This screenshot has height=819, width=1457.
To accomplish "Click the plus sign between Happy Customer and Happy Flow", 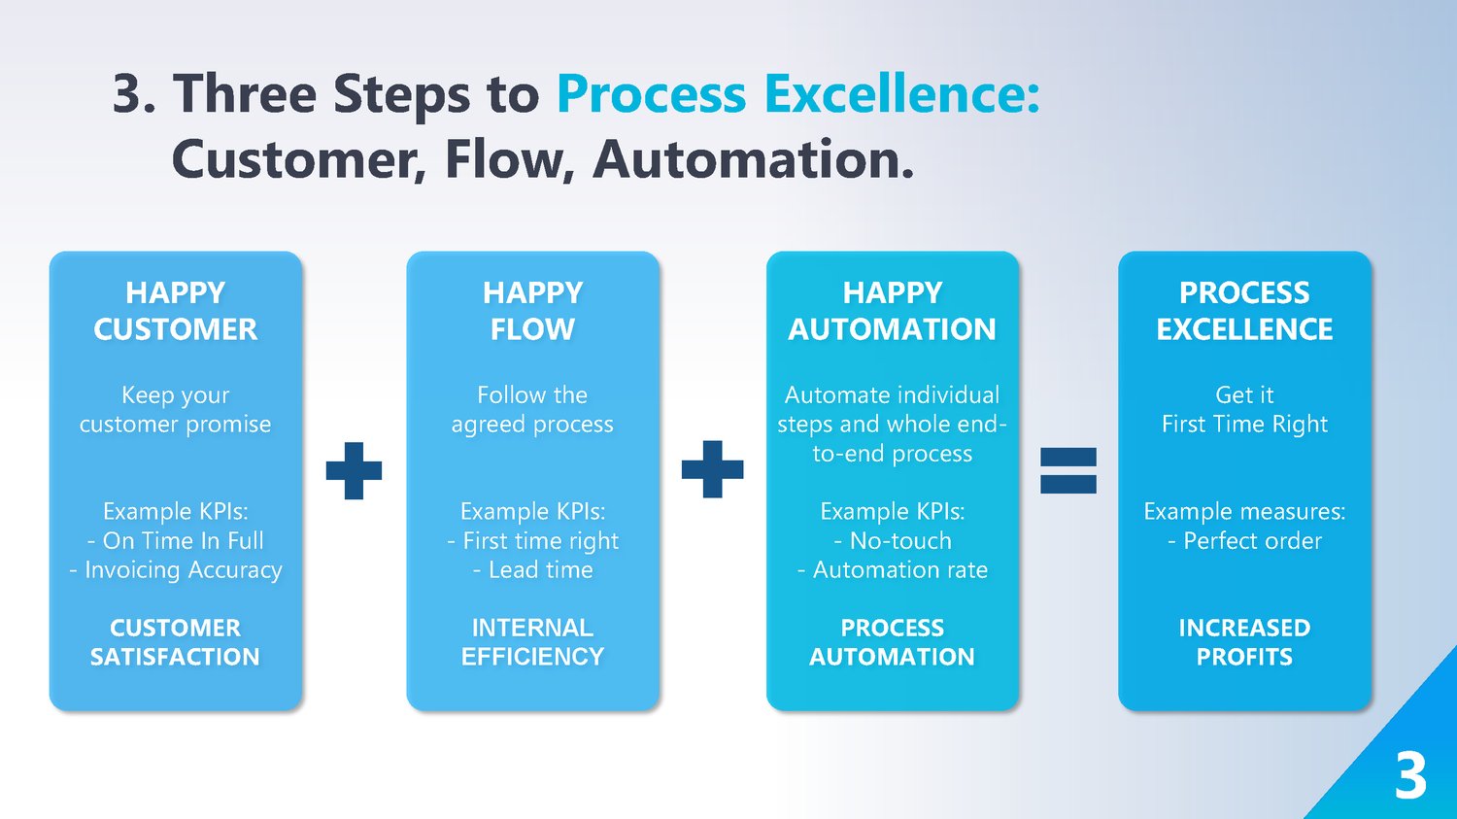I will pos(354,470).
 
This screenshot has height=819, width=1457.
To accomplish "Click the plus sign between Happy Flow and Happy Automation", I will pos(712,469).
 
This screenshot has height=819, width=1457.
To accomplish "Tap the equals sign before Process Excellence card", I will pos(1067,470).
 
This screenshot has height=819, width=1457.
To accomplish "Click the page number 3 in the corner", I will pos(1410,776).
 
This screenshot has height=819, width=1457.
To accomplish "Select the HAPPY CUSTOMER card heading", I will pos(176,311).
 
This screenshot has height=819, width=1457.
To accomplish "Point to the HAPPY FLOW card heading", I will pos(532,311).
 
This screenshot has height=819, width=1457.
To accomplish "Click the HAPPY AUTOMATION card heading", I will pos(892,311).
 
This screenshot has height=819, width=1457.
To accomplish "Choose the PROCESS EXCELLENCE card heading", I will pos(1244,311).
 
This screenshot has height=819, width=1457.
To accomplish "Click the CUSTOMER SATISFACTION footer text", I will pos(176,642).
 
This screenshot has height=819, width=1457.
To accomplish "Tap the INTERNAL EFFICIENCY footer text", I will pos(532,642).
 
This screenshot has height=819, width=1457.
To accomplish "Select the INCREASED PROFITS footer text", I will pos(1244,642).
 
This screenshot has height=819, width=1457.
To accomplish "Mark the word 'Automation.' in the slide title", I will pos(754,159).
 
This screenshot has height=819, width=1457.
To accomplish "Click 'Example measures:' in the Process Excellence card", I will pos(1244,511).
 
